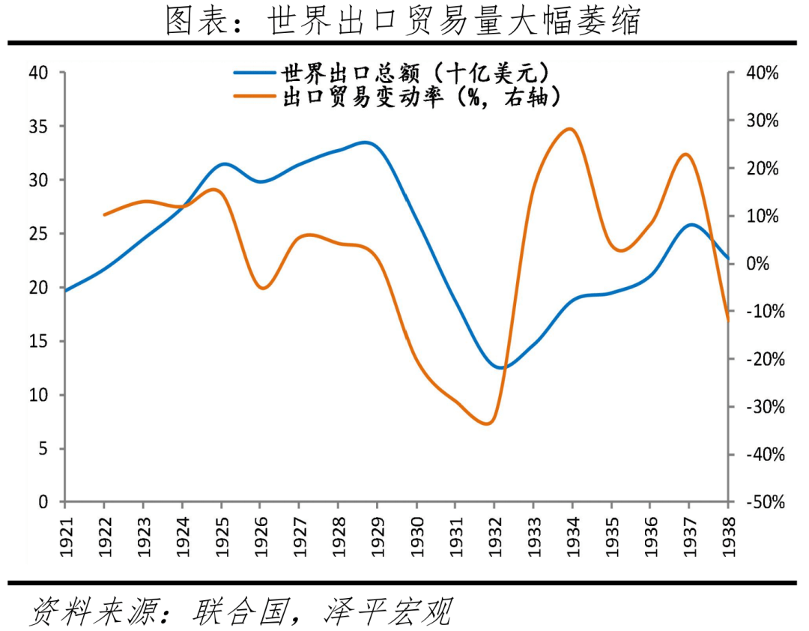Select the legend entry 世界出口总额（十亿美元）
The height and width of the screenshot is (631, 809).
pos(416,73)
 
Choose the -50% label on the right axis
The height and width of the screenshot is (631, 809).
pos(762,502)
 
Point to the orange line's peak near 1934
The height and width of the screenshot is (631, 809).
pos(570,129)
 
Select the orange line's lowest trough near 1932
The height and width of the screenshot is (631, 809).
pos(487,424)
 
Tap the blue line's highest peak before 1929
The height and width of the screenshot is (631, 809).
pos(365,142)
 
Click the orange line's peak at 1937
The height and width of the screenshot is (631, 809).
pos(686,154)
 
